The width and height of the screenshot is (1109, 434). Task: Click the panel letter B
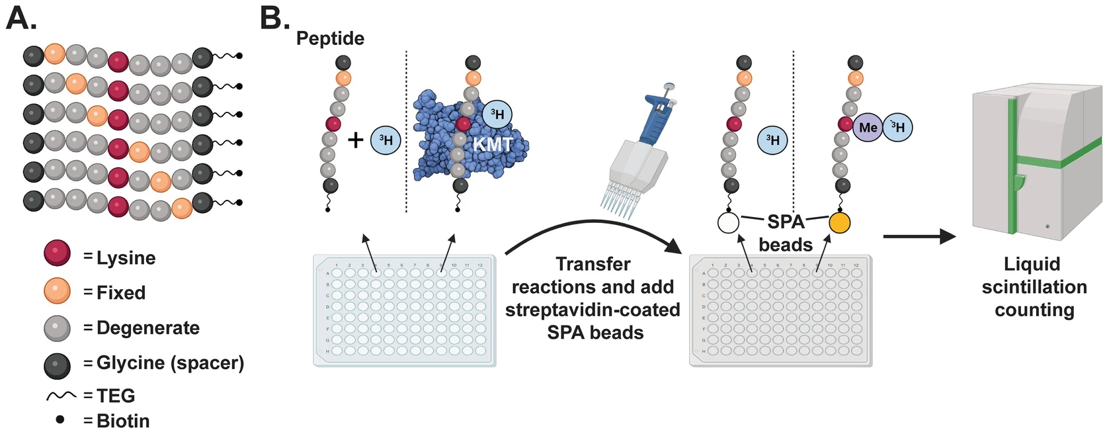point(274,18)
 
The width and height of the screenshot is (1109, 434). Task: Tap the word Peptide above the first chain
point(330,38)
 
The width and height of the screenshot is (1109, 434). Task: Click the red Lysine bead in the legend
point(57,253)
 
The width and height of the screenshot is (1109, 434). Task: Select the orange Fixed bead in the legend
point(57,290)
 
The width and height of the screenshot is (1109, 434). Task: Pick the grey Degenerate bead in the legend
point(57,327)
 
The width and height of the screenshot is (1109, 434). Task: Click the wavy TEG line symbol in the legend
point(61,396)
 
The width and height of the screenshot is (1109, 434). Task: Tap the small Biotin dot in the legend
point(60,419)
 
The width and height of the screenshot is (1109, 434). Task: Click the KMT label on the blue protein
point(492,144)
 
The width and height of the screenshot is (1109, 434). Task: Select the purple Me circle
point(868,128)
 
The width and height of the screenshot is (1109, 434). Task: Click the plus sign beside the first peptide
point(356,140)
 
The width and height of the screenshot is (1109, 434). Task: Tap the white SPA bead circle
point(728,223)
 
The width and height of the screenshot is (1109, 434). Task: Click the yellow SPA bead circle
point(840,223)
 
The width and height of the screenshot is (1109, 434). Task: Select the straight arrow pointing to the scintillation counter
point(919,236)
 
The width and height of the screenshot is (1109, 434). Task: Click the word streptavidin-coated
point(593,310)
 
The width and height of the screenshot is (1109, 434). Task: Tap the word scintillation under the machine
point(1034,287)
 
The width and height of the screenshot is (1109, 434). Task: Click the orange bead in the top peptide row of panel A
point(55,54)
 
